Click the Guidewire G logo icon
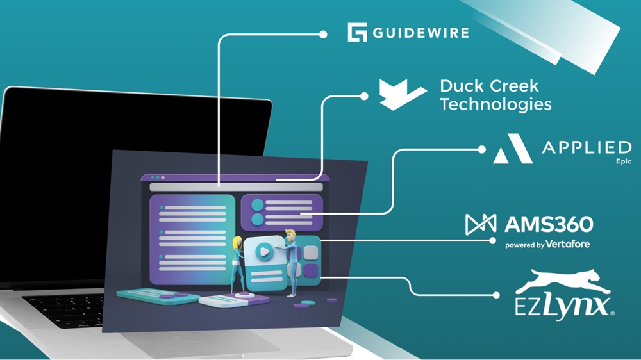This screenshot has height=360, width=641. [357, 33]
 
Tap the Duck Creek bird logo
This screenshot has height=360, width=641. [401, 94]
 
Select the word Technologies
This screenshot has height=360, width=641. [495, 104]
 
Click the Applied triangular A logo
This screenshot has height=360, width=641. [512, 149]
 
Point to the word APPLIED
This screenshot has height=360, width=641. [587, 148]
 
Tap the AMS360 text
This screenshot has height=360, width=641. [548, 224]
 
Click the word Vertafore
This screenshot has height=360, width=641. [568, 244]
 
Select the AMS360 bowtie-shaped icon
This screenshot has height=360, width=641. [481, 224]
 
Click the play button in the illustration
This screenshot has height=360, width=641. [263, 251]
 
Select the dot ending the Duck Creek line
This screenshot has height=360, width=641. [364, 96]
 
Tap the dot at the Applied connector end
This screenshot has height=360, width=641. [482, 149]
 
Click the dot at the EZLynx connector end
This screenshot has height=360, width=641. [496, 295]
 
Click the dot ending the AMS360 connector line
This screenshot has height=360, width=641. [492, 241]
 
